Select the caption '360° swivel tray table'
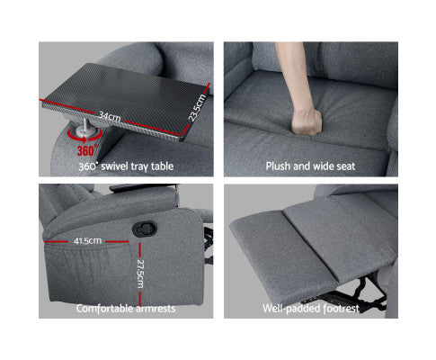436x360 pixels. (x=125, y=166)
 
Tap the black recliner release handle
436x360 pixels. (x=142, y=230)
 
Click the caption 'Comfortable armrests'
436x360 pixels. (x=125, y=308)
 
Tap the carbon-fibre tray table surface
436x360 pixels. (x=135, y=90)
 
